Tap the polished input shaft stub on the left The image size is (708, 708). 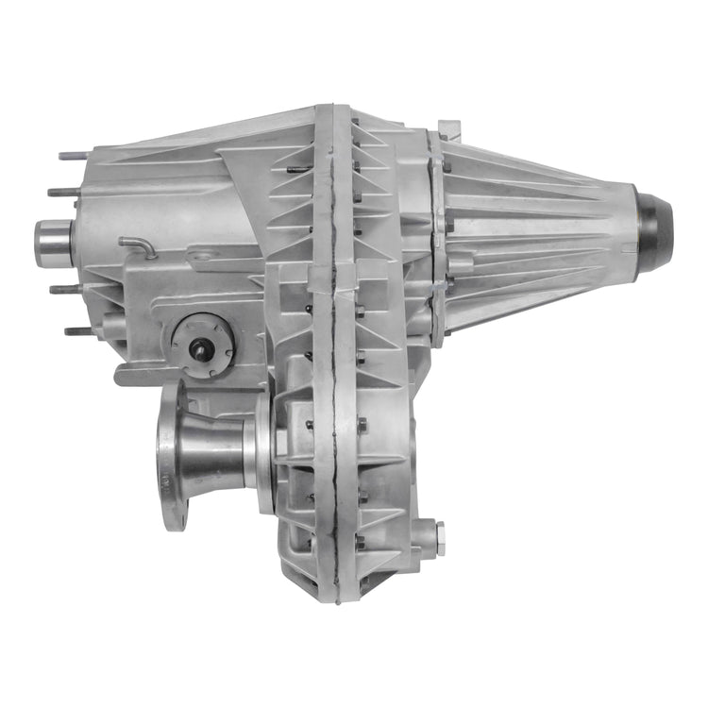55,241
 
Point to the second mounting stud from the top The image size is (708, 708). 61,193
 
